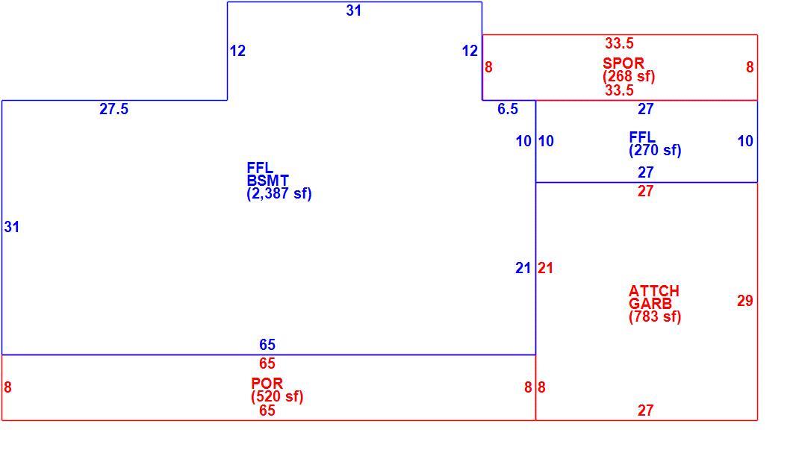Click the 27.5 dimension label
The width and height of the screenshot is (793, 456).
coord(113,109)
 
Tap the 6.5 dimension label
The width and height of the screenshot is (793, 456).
coord(508,109)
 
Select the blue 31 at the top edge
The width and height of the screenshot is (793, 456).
coord(353,10)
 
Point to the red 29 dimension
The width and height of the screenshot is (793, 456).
coord(745,301)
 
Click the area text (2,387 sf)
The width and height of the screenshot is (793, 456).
coord(279,193)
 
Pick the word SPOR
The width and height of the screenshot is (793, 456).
coord(623,63)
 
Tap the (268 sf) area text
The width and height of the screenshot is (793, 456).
coord(629,76)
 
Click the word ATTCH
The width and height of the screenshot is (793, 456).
coord(654,291)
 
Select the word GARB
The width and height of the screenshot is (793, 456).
coord(650,304)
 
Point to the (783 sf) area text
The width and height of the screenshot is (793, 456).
coord(655,316)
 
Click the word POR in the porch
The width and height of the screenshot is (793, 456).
coord(267,384)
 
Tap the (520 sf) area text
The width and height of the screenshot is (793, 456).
coord(277,396)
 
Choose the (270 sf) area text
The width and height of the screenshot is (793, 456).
coord(655,150)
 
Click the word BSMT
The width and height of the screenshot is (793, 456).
coord(268,181)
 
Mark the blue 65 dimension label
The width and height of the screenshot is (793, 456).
coord(267,345)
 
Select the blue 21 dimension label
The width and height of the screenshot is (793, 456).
coord(523,268)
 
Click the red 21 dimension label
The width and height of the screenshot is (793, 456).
coord(545,268)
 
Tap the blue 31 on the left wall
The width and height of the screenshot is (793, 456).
coord(12,227)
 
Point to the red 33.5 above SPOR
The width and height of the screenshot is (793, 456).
coord(620,43)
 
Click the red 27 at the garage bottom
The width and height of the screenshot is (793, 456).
coord(645,410)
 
